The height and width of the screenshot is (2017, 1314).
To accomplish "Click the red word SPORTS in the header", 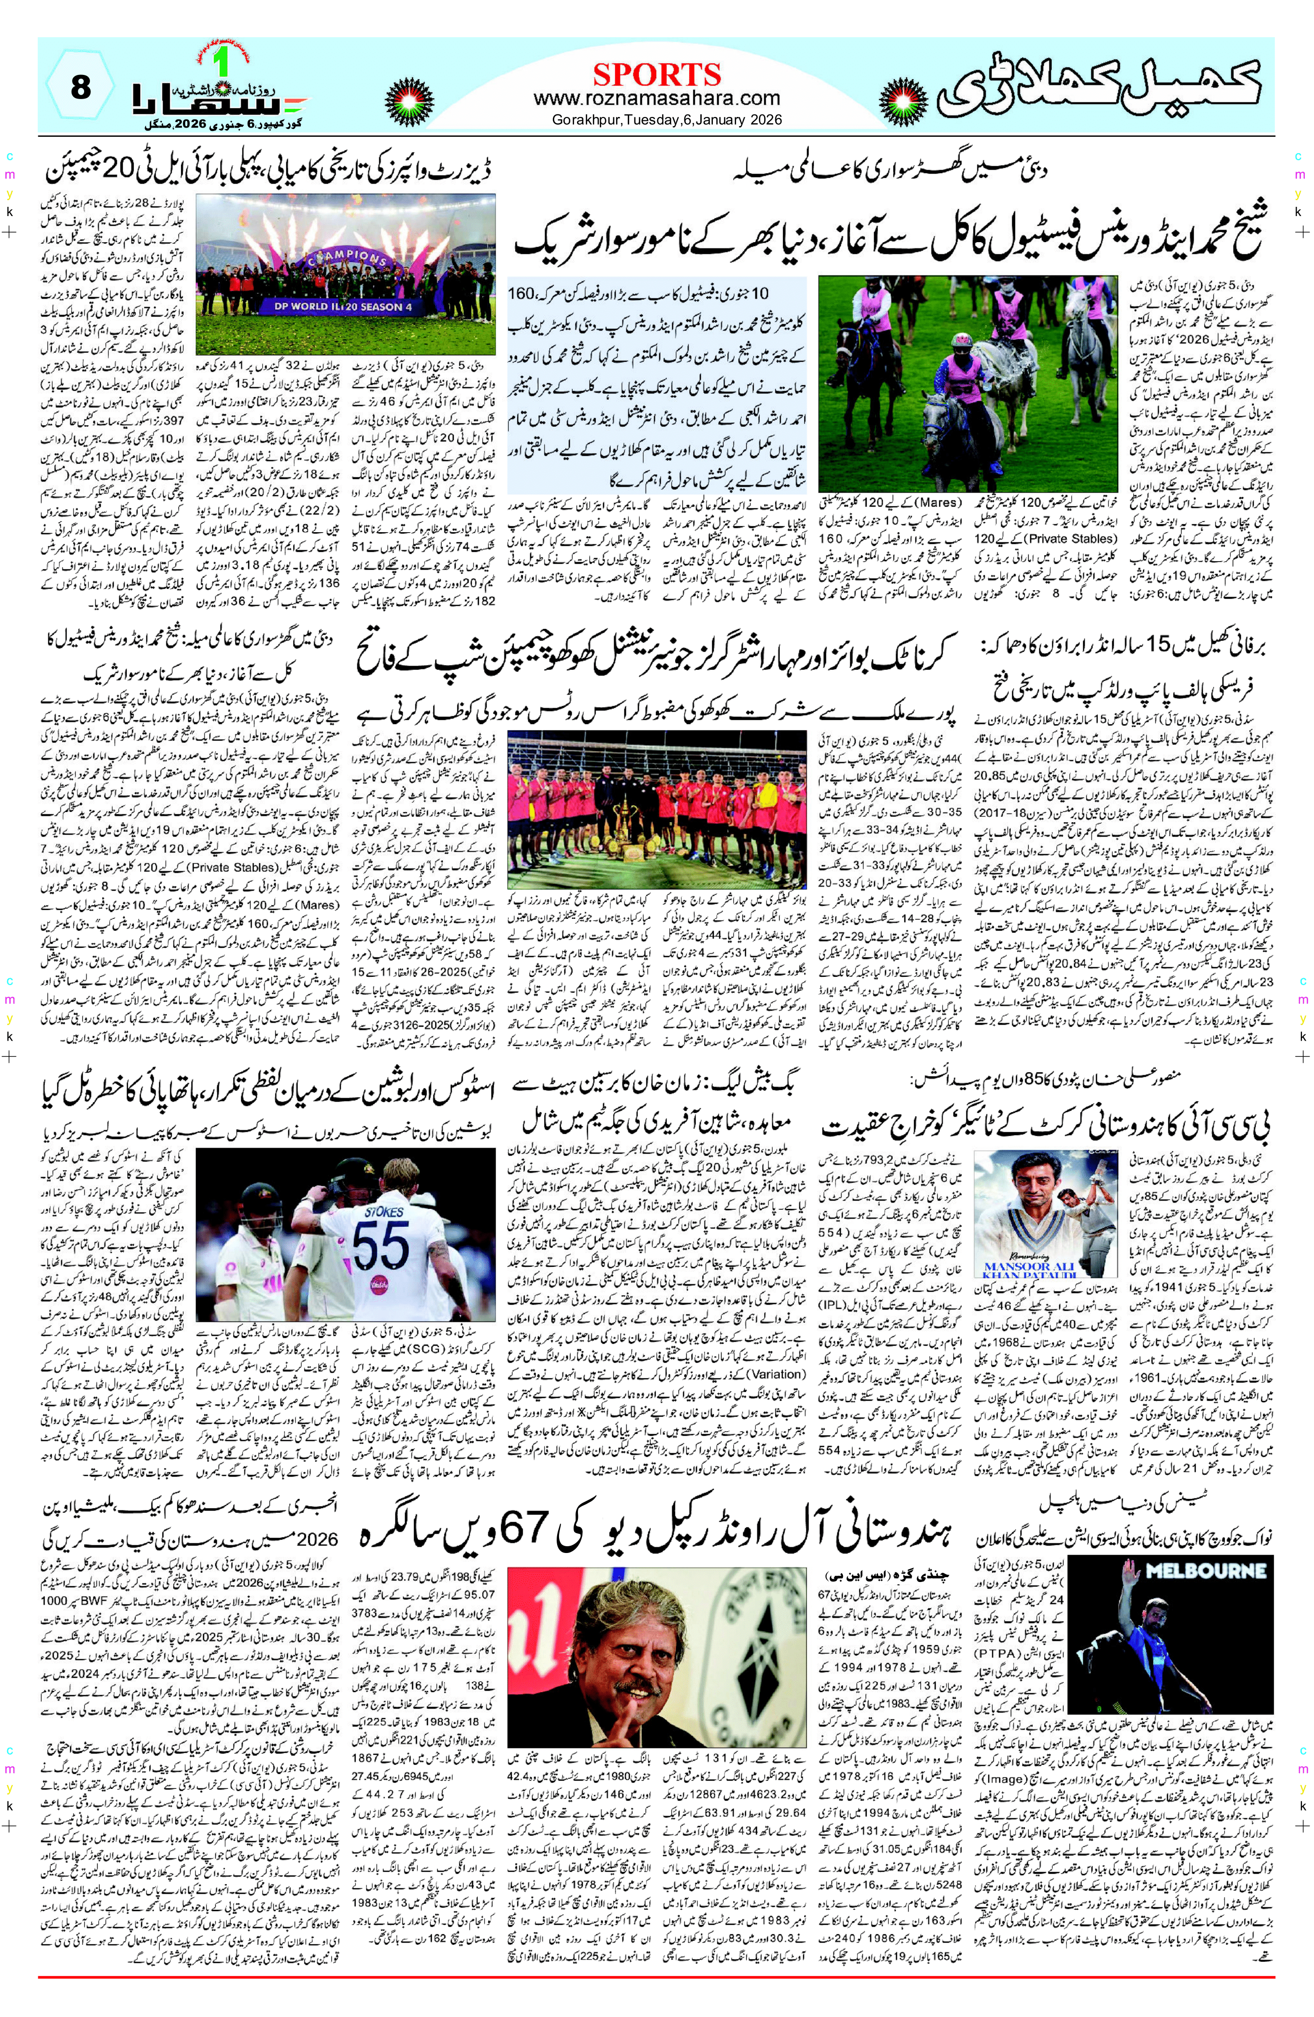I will tap(657, 74).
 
